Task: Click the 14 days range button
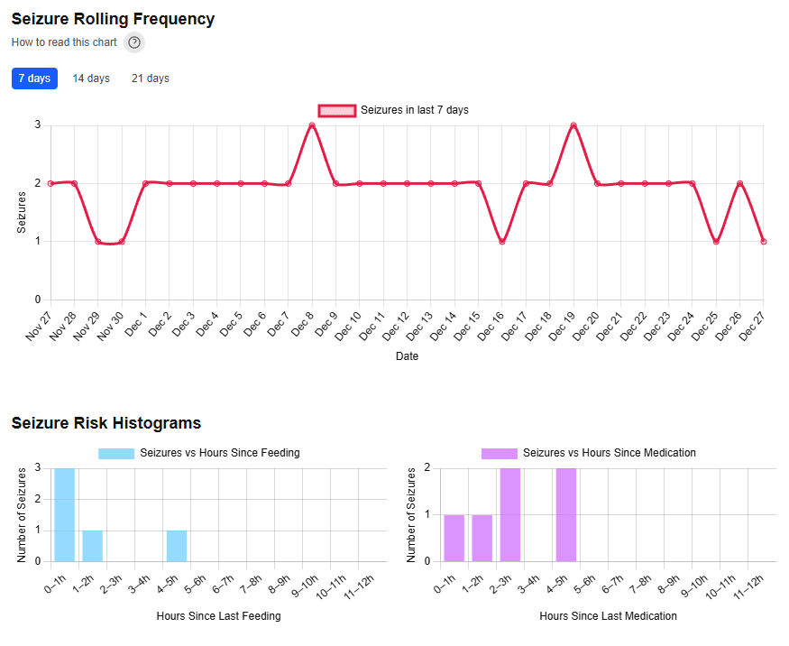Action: pyautogui.click(x=91, y=78)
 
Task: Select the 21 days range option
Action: pyautogui.click(x=151, y=78)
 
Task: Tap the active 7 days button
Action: pyautogui.click(x=34, y=78)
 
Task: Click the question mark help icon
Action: pyautogui.click(x=134, y=42)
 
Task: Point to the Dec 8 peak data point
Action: pyautogui.click(x=312, y=125)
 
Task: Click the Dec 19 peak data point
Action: pyautogui.click(x=573, y=125)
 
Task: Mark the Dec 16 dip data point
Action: pyautogui.click(x=502, y=241)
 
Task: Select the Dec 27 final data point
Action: pyautogui.click(x=763, y=241)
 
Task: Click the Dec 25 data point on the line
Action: pyautogui.click(x=716, y=241)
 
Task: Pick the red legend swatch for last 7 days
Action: pyautogui.click(x=337, y=110)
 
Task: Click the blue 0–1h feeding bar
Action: pyautogui.click(x=65, y=514)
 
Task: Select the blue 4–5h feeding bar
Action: pyautogui.click(x=177, y=545)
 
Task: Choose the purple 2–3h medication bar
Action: pyautogui.click(x=510, y=514)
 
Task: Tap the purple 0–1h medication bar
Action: pyautogui.click(x=454, y=538)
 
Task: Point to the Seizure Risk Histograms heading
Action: pyautogui.click(x=106, y=423)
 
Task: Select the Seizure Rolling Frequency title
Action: pyautogui.click(x=113, y=19)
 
